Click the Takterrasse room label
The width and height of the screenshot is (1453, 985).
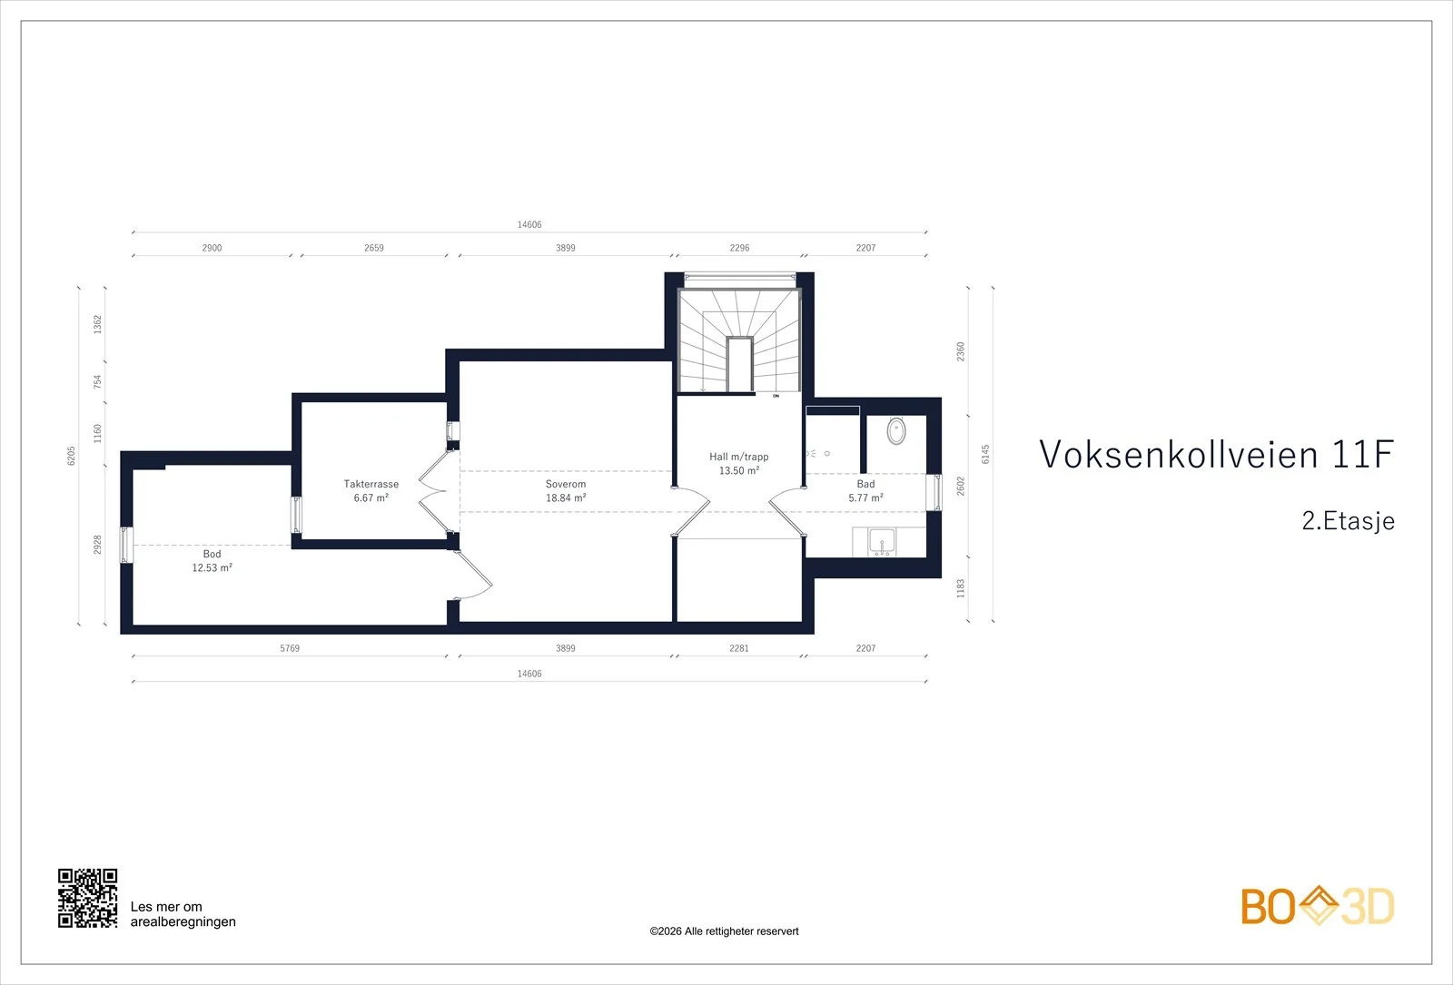click(x=371, y=484)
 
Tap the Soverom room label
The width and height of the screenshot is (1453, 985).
click(x=566, y=484)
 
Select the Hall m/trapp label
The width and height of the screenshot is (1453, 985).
click(x=739, y=457)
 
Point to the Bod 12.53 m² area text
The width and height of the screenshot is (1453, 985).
click(x=213, y=567)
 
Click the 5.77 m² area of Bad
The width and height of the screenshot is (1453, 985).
click(x=866, y=498)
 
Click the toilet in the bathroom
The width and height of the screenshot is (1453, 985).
click(x=896, y=430)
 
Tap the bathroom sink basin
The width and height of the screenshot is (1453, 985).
click(x=882, y=542)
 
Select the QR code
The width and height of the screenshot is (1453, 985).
click(x=87, y=898)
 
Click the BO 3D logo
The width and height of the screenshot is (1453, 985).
click(x=1318, y=906)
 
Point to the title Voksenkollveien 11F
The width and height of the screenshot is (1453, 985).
click(x=1217, y=454)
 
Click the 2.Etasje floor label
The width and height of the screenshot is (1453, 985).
click(x=1349, y=521)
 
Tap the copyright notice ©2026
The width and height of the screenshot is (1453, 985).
click(x=724, y=931)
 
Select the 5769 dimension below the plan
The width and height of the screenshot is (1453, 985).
click(x=290, y=648)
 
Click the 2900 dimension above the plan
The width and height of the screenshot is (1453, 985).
click(x=213, y=248)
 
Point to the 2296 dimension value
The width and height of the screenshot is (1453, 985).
click(x=739, y=248)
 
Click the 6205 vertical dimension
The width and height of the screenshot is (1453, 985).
click(x=72, y=456)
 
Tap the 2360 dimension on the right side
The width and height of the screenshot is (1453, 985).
click(x=961, y=351)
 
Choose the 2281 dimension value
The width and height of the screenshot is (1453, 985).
click(x=739, y=648)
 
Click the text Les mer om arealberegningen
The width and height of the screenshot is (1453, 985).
click(x=183, y=914)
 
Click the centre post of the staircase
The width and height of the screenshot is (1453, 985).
click(x=739, y=364)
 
